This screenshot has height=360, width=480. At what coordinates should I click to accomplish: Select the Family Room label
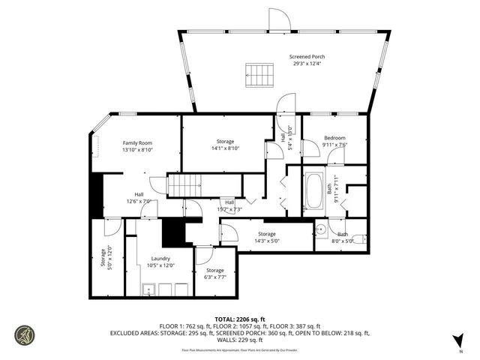tap(137, 146)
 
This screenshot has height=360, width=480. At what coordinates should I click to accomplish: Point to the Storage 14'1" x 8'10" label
tap(226, 145)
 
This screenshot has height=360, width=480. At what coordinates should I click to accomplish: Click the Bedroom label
tap(334, 142)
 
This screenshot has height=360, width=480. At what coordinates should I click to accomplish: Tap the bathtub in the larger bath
tap(313, 192)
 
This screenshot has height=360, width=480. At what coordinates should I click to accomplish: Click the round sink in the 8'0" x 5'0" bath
tap(319, 230)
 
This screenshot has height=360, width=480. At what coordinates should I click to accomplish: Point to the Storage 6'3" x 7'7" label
tap(215, 274)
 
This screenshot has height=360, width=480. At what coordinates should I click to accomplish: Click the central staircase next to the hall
tap(184, 184)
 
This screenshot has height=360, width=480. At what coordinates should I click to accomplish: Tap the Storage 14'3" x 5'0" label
tap(268, 237)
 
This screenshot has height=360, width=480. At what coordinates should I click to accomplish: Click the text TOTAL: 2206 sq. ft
tap(239, 319)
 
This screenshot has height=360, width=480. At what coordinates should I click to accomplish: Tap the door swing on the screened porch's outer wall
tap(280, 21)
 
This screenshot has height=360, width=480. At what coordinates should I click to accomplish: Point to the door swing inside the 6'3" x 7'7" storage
tap(203, 253)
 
